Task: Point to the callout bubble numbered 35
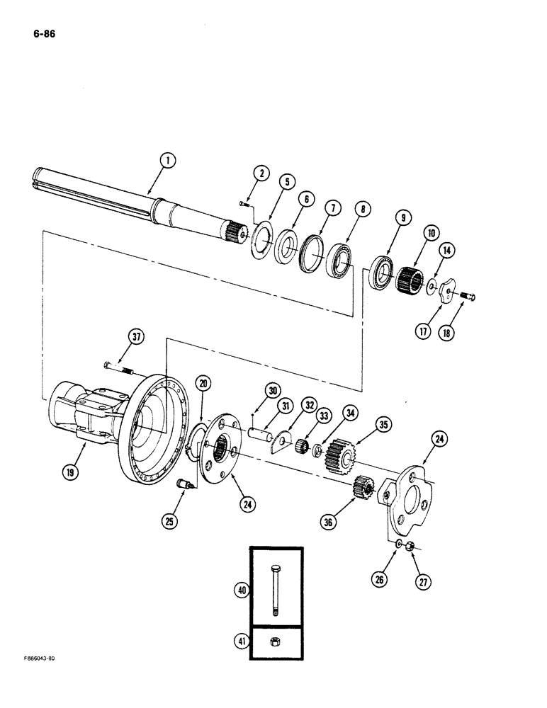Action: (x=383, y=426)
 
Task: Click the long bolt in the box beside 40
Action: (x=275, y=590)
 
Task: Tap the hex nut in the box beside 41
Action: (x=276, y=644)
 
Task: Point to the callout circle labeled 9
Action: (x=402, y=218)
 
